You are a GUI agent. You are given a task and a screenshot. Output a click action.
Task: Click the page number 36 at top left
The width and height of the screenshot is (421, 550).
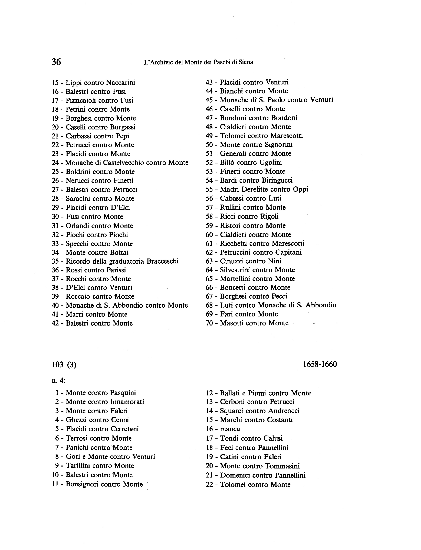(56, 62)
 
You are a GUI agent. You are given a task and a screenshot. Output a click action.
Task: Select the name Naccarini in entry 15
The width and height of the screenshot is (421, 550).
(121, 82)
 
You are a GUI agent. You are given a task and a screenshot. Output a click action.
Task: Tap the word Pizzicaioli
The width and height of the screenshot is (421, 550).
(81, 101)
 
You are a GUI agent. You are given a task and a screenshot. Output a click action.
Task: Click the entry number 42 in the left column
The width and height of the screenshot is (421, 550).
(55, 323)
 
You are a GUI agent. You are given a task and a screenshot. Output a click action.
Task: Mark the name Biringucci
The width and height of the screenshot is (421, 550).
(277, 180)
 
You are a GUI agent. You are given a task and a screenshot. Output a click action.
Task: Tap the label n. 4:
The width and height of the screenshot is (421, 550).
(58, 380)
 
